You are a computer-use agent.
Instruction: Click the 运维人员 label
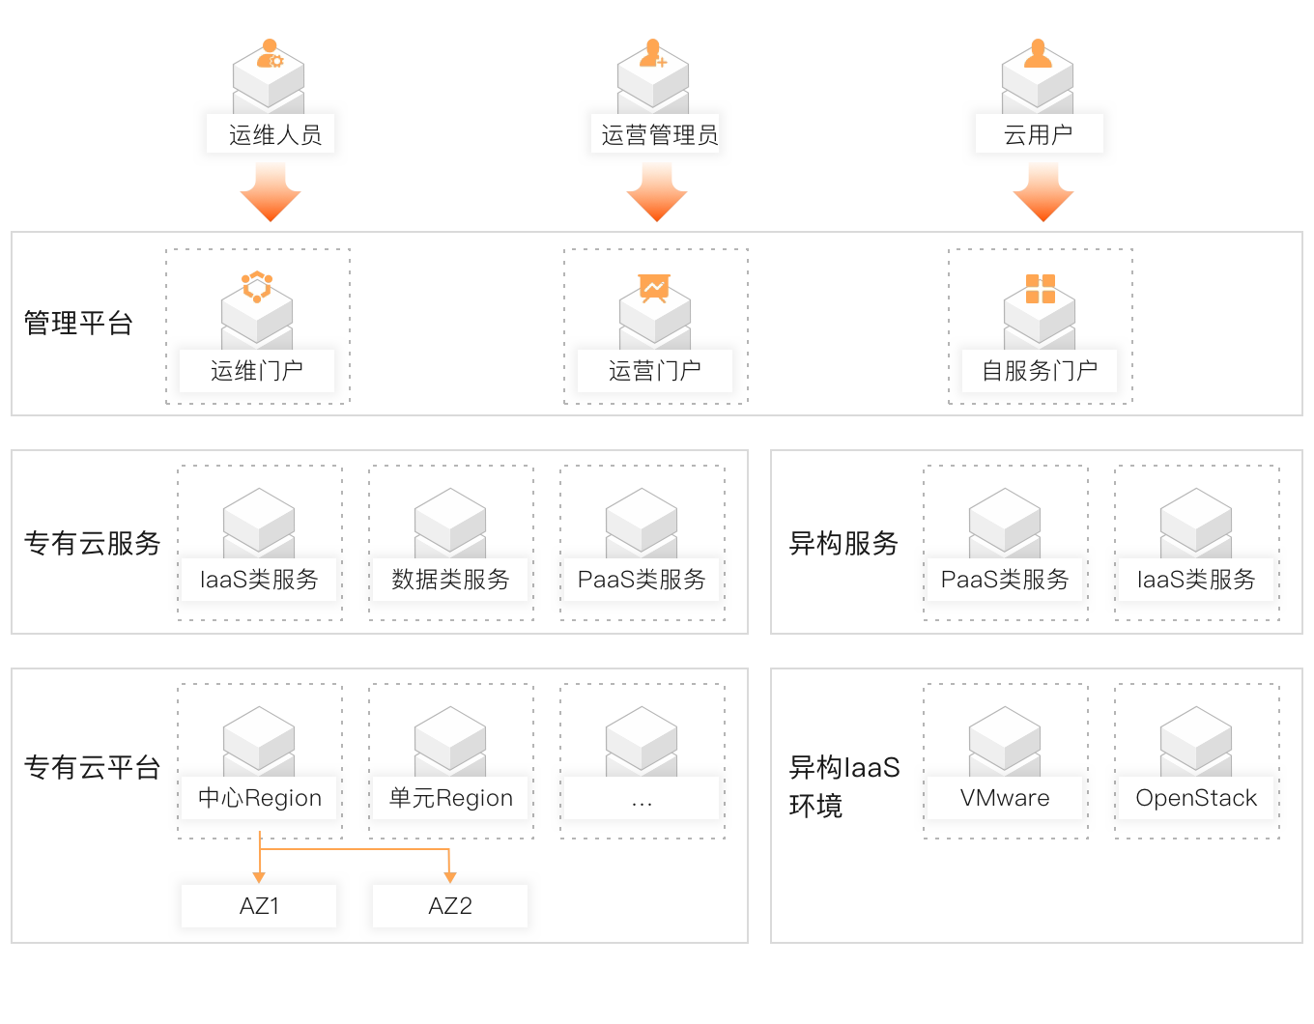pyautogui.click(x=271, y=134)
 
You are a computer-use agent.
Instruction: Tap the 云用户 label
pyautogui.click(x=1040, y=134)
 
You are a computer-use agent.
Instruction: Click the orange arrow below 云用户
pyautogui.click(x=1043, y=192)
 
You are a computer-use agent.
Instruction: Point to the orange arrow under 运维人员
pyautogui.click(x=271, y=192)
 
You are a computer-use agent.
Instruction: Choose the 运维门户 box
pyautogui.click(x=257, y=371)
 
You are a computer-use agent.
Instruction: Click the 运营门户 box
pyautogui.click(x=655, y=371)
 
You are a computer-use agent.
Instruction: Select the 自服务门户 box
pyautogui.click(x=1040, y=371)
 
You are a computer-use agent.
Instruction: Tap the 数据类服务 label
pyautogui.click(x=450, y=580)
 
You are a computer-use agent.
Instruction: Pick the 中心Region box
pyautogui.click(x=259, y=798)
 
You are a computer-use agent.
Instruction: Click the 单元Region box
pyautogui.click(x=450, y=798)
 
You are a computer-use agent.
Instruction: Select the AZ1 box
pyautogui.click(x=259, y=906)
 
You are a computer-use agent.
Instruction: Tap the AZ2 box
pyautogui.click(x=450, y=906)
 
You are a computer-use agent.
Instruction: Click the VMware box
pyautogui.click(x=1005, y=798)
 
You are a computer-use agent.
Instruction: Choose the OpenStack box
pyautogui.click(x=1196, y=798)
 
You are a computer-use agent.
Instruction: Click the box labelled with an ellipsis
pyautogui.click(x=642, y=798)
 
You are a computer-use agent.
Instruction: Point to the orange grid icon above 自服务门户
pyautogui.click(x=1040, y=289)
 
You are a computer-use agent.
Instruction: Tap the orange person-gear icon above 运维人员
pyautogui.click(x=269, y=54)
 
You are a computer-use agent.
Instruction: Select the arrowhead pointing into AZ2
pyautogui.click(x=450, y=876)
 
